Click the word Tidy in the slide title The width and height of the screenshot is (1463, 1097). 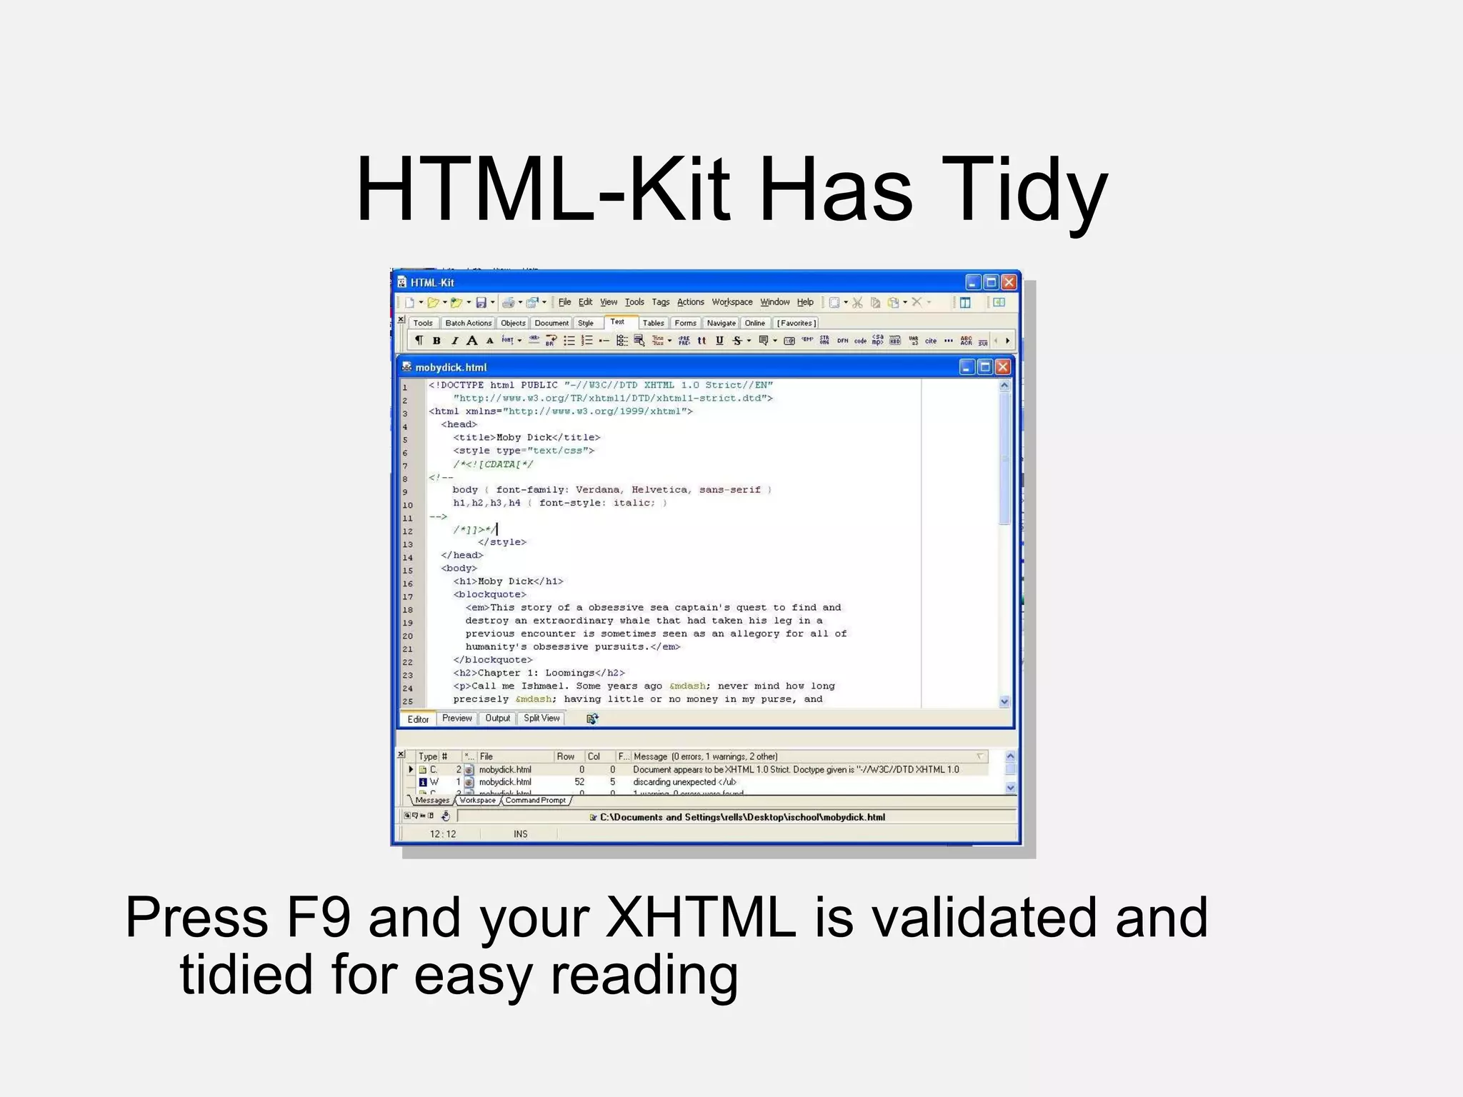click(1024, 191)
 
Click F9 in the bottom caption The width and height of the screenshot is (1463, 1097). click(318, 917)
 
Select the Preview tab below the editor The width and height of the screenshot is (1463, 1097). click(456, 718)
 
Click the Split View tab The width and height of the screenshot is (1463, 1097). click(541, 718)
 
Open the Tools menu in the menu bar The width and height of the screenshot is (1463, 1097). click(634, 302)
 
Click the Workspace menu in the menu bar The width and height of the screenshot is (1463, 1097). click(731, 302)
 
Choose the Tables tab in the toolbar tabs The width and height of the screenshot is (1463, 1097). click(653, 324)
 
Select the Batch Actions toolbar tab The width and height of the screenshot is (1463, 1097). click(468, 324)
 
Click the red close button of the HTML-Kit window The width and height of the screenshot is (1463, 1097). click(1009, 282)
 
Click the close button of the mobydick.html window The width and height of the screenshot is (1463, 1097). click(1002, 367)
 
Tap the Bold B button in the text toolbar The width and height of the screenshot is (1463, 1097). click(436, 341)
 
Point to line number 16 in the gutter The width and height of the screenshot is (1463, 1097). click(407, 583)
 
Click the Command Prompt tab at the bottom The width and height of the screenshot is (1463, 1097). click(535, 801)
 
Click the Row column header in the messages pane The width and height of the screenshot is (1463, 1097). click(566, 756)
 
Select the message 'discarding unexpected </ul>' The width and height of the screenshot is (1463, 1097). click(684, 782)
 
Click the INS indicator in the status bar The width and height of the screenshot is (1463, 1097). click(520, 833)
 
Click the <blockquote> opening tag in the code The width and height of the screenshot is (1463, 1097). click(490, 594)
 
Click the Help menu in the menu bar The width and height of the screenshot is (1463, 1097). click(805, 302)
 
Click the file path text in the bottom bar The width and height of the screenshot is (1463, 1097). click(742, 817)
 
